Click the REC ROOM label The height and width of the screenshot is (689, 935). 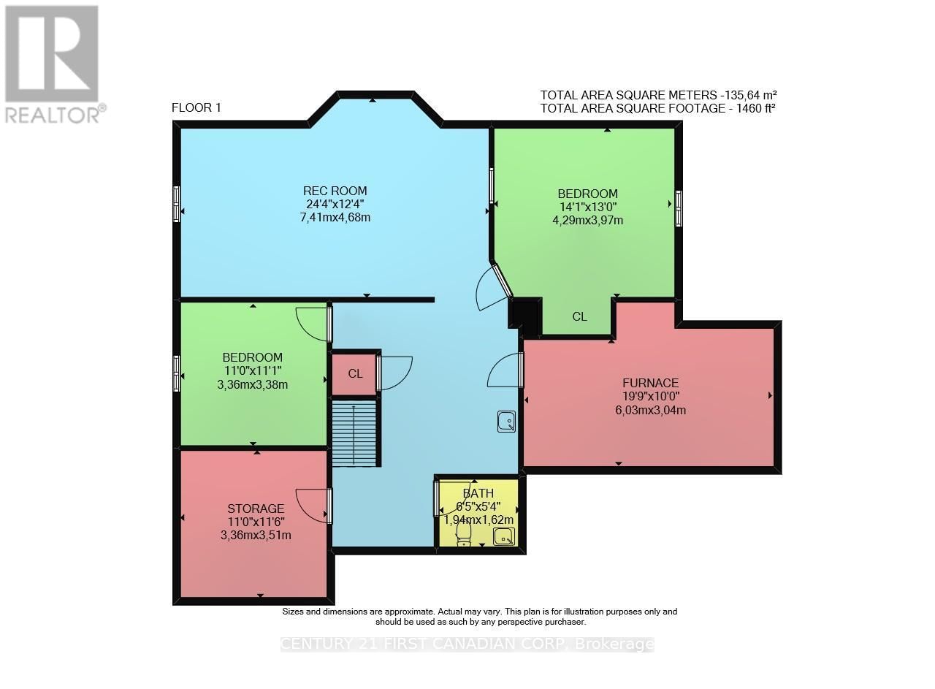(x=335, y=191)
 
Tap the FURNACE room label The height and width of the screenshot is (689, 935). (x=650, y=383)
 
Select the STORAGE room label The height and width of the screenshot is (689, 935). (x=256, y=509)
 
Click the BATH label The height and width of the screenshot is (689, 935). (x=478, y=493)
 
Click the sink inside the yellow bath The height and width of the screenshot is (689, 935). (x=504, y=536)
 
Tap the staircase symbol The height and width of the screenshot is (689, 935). (x=354, y=433)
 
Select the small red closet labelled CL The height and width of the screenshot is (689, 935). (x=355, y=374)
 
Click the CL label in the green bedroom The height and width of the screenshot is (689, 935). (x=579, y=317)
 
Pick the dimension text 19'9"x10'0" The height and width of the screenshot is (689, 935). (x=650, y=396)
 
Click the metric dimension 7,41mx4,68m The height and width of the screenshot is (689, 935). (x=335, y=218)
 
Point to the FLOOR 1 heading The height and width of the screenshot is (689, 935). (x=196, y=107)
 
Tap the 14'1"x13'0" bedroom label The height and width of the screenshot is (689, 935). (x=588, y=207)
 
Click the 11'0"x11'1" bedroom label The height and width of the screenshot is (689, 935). (x=253, y=371)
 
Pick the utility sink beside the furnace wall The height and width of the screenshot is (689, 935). (x=506, y=422)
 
